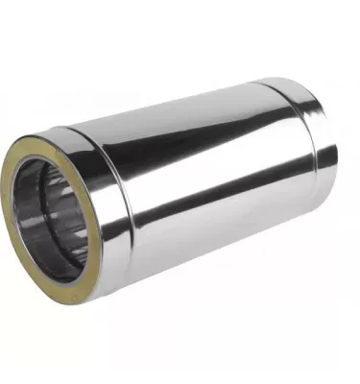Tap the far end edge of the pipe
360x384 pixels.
click(335, 144)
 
